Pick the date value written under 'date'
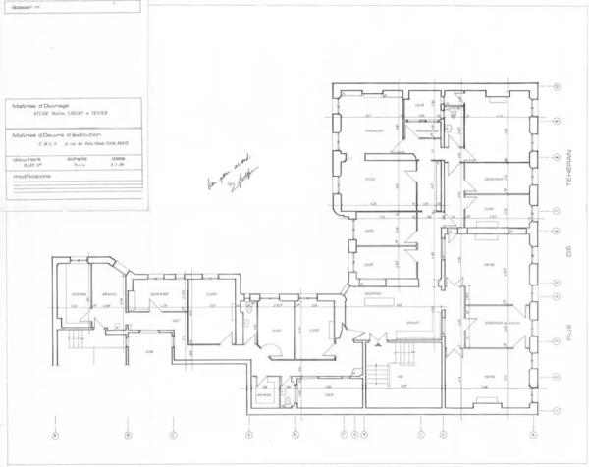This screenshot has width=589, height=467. point(117,165)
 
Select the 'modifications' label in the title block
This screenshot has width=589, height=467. point(31,176)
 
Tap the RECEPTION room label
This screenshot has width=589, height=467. point(374,293)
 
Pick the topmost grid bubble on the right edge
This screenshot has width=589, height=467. point(558,87)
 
